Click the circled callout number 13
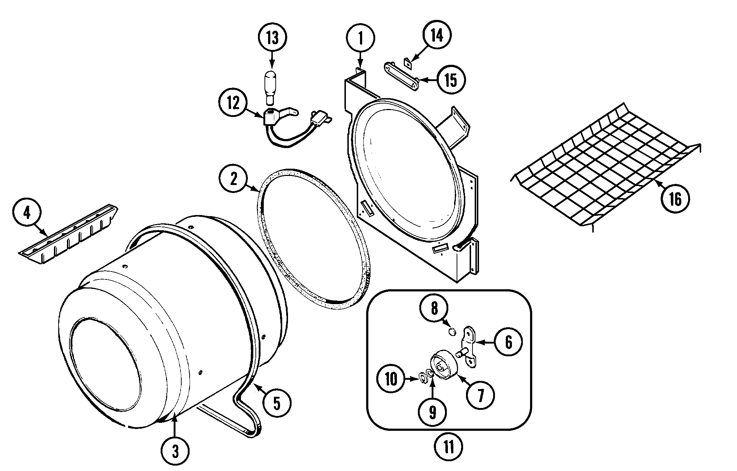pos(272,38)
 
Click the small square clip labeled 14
pos(408,63)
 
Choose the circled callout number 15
pos(451,80)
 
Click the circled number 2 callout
pos(233,178)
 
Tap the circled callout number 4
pos(27,213)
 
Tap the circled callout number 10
pos(391,379)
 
